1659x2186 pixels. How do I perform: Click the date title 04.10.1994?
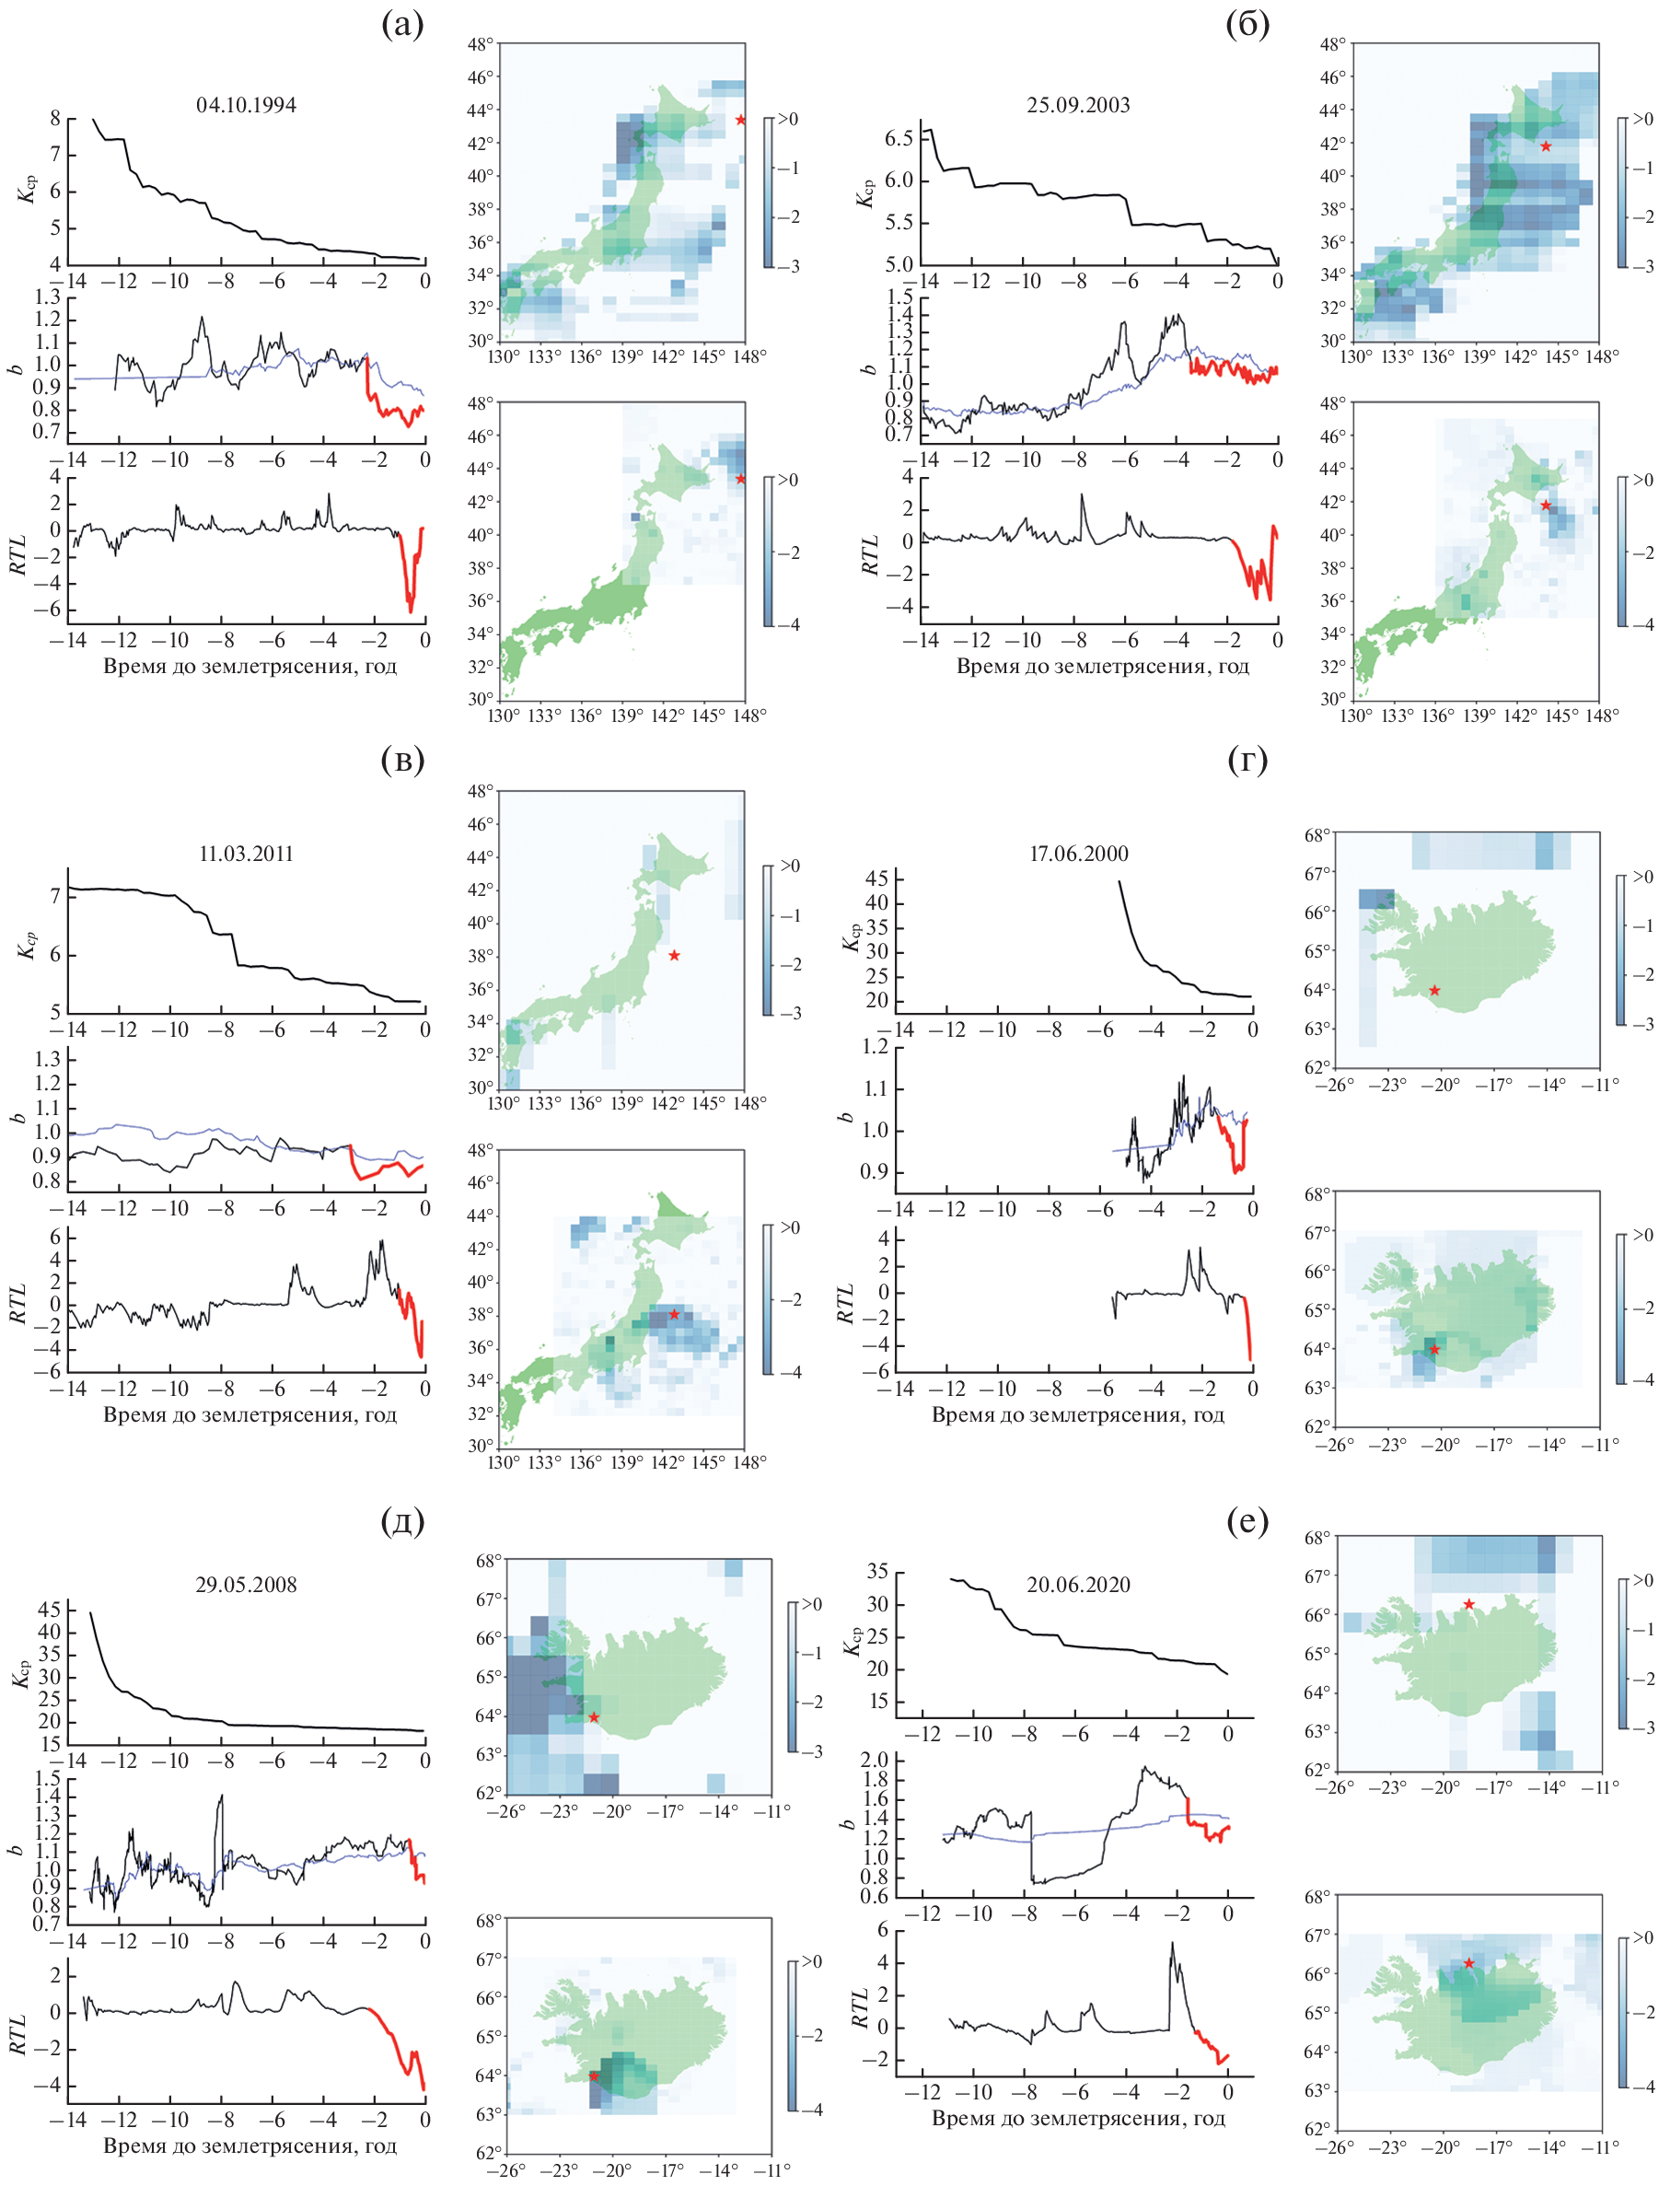point(246,106)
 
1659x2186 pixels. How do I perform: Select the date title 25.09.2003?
point(1078,106)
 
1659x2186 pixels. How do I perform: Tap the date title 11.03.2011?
point(246,854)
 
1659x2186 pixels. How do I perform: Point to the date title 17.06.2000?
point(1078,854)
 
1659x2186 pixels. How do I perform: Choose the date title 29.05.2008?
point(246,1584)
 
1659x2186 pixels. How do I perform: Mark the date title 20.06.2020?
point(1078,1584)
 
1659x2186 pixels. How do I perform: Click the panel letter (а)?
point(402,24)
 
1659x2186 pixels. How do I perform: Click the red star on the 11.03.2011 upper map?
point(674,956)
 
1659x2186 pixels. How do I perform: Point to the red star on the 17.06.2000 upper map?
point(1434,990)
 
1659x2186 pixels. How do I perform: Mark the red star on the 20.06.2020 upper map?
point(1469,1604)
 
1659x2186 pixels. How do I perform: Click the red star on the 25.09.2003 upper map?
point(1546,146)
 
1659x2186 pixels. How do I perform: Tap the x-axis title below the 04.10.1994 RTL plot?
point(250,666)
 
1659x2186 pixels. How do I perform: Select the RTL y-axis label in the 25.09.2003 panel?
point(869,553)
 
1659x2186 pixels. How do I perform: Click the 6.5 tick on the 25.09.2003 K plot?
point(899,138)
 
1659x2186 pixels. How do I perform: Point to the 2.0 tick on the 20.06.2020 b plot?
point(875,1760)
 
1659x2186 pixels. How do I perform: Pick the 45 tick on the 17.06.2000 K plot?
point(876,878)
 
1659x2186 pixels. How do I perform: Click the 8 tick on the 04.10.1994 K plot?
point(55,119)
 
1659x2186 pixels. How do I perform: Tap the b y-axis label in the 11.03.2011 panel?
point(17,1118)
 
